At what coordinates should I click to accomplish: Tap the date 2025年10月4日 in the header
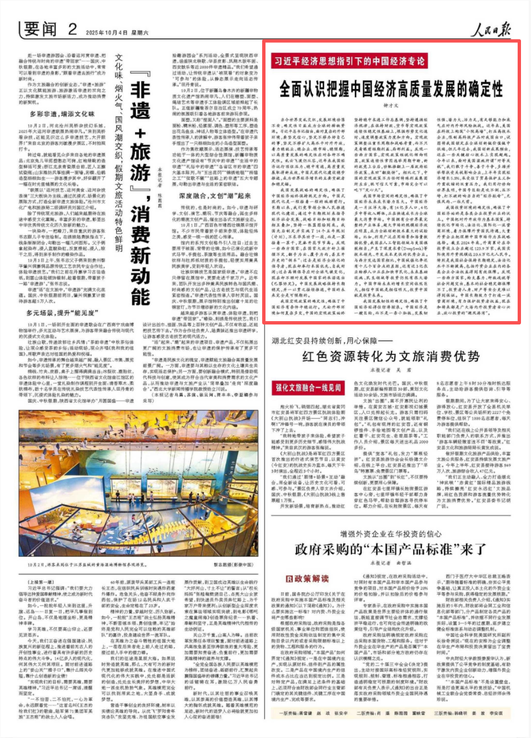107,32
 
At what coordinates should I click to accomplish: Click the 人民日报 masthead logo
490,29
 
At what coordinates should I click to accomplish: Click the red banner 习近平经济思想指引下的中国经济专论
349,61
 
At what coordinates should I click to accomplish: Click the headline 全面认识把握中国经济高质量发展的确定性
391,89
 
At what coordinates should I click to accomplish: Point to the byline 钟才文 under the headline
391,105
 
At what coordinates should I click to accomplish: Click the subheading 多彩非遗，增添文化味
62,114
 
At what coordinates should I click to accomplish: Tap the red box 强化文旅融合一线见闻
308,387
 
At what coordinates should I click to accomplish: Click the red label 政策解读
308,578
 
